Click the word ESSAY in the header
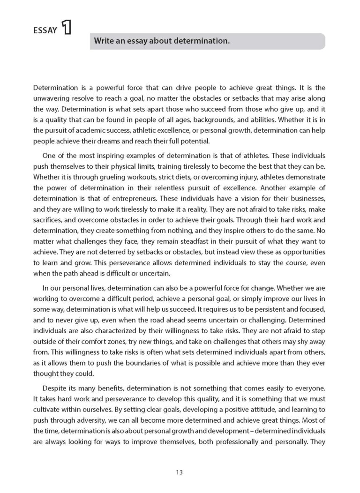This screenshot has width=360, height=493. tap(45, 31)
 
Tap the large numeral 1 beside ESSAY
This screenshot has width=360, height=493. tap(66, 28)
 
